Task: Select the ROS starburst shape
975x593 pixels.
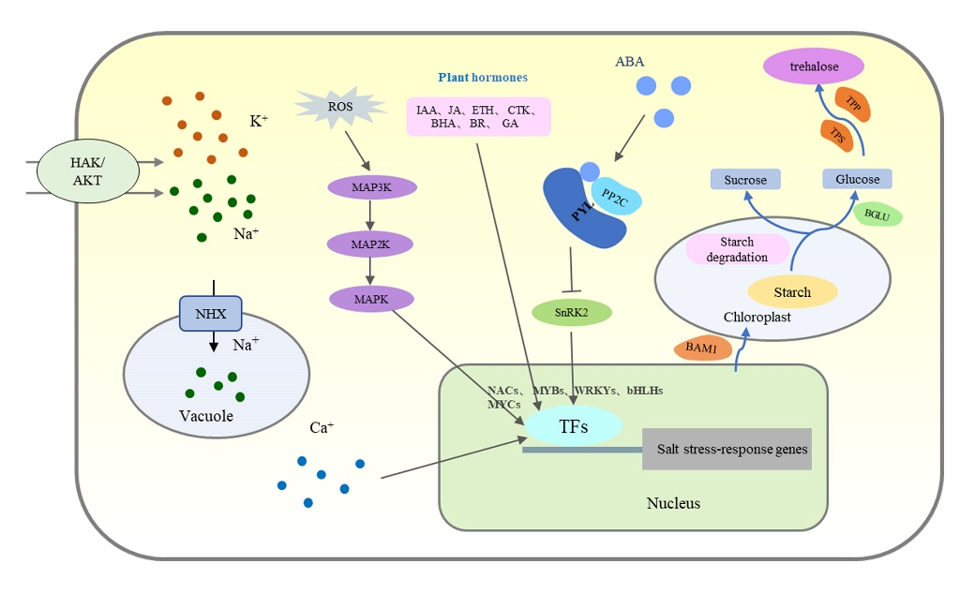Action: [340, 106]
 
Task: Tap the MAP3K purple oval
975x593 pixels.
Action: [371, 187]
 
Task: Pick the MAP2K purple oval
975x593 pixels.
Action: [371, 244]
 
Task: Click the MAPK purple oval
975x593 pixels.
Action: [371, 299]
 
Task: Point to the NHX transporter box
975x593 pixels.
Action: [211, 313]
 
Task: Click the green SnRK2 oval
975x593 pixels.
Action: [572, 312]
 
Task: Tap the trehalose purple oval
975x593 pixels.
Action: [814, 67]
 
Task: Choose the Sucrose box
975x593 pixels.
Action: [745, 179]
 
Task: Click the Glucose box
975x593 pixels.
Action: [857, 179]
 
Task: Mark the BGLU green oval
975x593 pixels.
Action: [877, 215]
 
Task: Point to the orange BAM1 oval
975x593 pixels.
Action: [702, 348]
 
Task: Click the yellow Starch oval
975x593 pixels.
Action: [792, 292]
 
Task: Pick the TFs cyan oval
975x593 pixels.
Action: [574, 426]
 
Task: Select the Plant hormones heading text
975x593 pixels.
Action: [483, 78]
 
